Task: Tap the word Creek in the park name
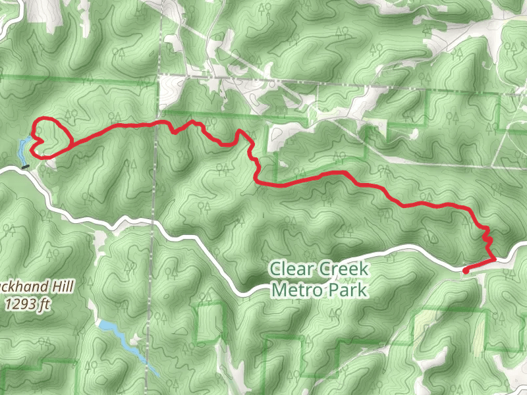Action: coord(344,270)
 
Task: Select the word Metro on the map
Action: coord(296,289)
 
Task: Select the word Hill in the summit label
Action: coord(61,287)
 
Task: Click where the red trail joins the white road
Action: coord(493,261)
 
